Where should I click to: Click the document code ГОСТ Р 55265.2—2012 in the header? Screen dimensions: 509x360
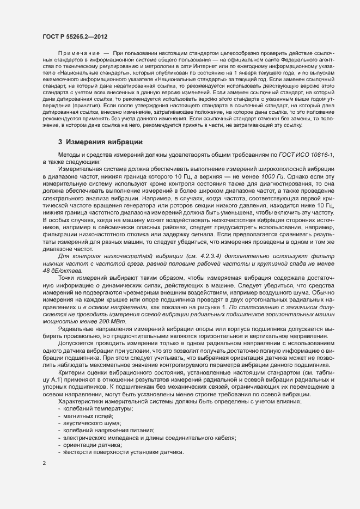click(x=75, y=36)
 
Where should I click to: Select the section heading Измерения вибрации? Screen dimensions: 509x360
click(x=100, y=142)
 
